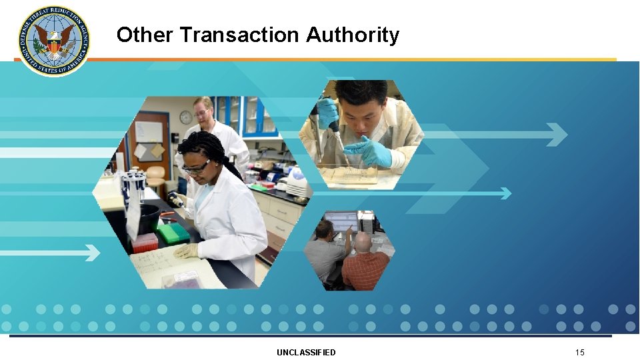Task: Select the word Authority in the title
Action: pyautogui.click(x=353, y=35)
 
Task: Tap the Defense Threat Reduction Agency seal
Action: pyautogui.click(x=54, y=41)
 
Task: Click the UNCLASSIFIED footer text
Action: pyautogui.click(x=306, y=352)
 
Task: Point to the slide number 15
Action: pyautogui.click(x=579, y=352)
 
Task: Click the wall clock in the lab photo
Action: pyautogui.click(x=186, y=117)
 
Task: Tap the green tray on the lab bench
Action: pyautogui.click(x=173, y=233)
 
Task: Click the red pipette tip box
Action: pyautogui.click(x=145, y=243)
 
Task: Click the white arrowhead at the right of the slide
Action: pyautogui.click(x=555, y=134)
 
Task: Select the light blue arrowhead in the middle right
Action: pyautogui.click(x=505, y=193)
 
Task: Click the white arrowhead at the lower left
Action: pyautogui.click(x=90, y=253)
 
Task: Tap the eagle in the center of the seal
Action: pyautogui.click(x=54, y=41)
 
